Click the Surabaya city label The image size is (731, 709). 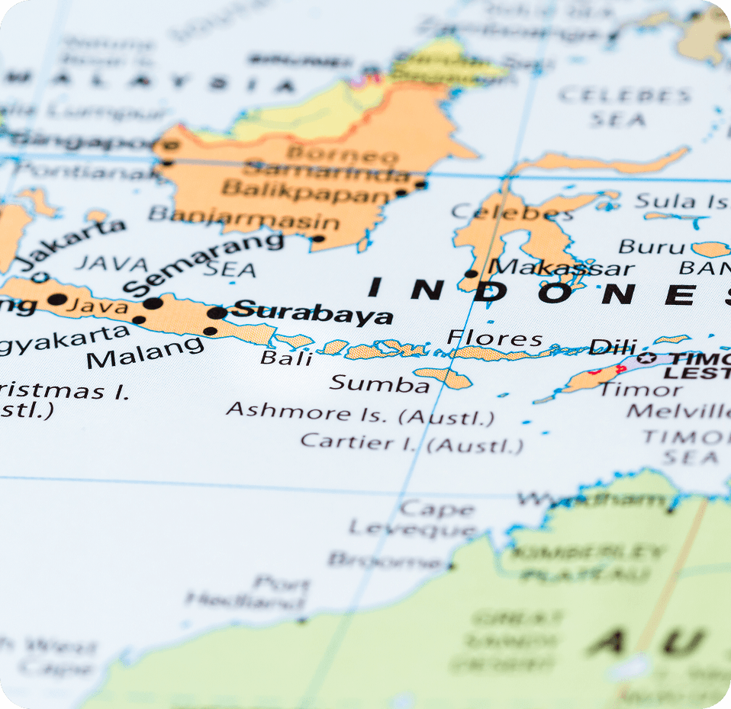point(313,312)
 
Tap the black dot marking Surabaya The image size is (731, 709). point(217,313)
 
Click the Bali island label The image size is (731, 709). point(286,358)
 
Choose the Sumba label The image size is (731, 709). point(379,383)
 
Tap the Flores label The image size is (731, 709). point(494,338)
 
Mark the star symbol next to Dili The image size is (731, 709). point(647,358)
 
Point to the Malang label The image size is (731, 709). point(145,352)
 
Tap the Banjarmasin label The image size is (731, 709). point(243,218)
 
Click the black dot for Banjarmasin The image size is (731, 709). point(318,239)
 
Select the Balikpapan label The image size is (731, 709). point(305,190)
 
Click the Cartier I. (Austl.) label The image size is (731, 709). point(412,443)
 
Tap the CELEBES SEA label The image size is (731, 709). point(624,107)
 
